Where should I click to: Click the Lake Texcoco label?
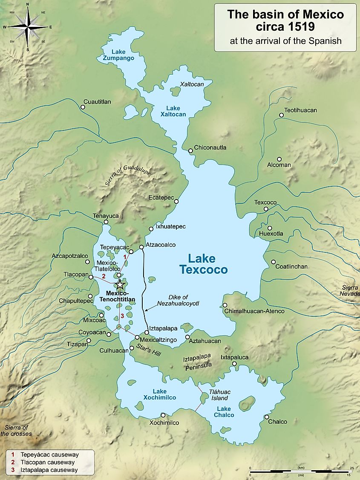(x=203, y=264)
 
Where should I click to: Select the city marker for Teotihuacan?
(x=281, y=115)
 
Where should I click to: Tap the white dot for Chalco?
(x=266, y=417)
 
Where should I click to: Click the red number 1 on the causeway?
(x=125, y=257)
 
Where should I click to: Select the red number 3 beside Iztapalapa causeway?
(x=122, y=316)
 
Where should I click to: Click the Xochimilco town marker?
(x=163, y=415)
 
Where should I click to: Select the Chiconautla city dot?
(x=190, y=150)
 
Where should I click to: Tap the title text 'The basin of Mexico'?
(x=285, y=14)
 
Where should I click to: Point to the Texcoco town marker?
(x=266, y=209)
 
